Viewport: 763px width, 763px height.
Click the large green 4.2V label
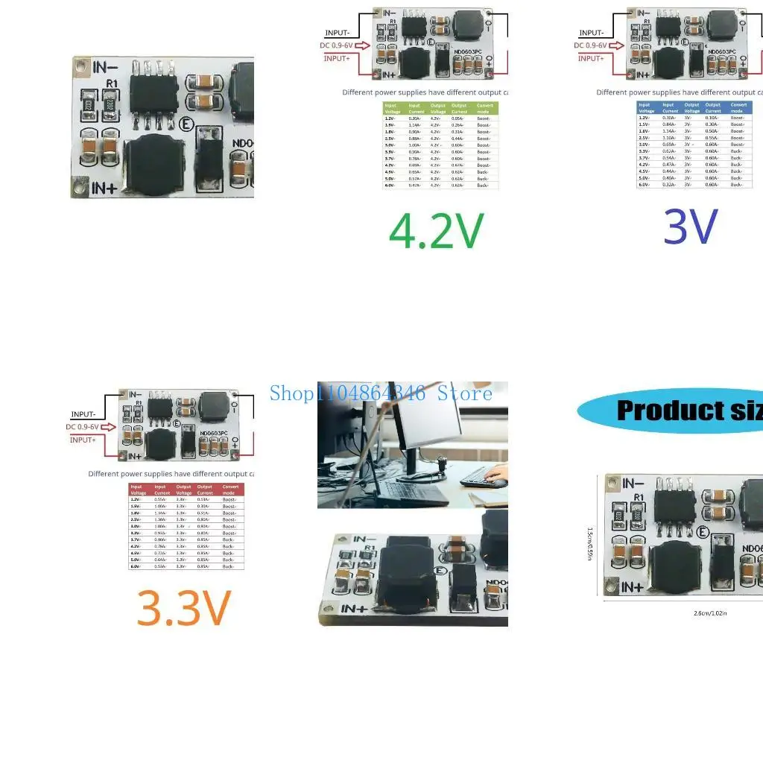(437, 230)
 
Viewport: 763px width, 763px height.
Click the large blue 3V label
(691, 227)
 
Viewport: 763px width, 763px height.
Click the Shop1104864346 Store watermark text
(381, 393)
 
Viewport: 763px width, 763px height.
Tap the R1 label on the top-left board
(113, 85)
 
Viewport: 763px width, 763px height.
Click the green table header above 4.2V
(440, 108)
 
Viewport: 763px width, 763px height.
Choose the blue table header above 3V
(694, 108)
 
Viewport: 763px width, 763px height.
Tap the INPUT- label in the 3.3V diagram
(83, 414)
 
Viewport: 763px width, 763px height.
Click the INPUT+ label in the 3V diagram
(591, 58)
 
